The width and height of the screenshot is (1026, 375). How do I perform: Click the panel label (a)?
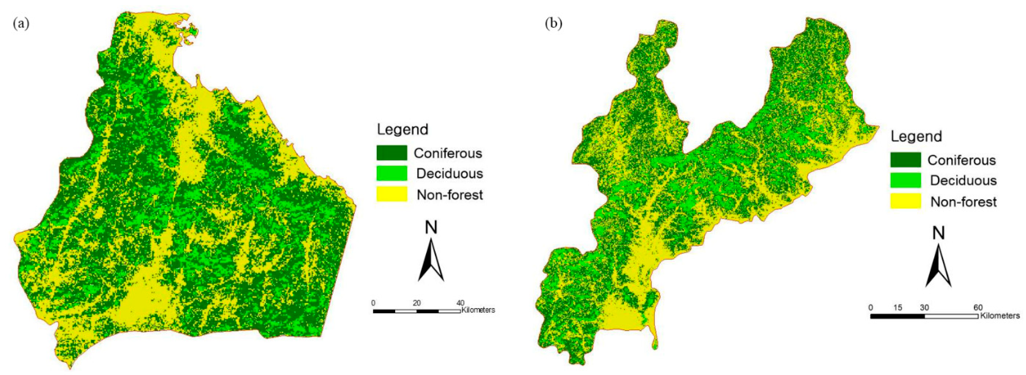pyautogui.click(x=21, y=24)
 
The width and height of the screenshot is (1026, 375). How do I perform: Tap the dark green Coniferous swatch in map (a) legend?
pyautogui.click(x=392, y=153)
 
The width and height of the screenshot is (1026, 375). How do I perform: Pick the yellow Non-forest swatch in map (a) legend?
pyautogui.click(x=392, y=194)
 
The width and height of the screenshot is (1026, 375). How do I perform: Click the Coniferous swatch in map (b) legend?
pyautogui.click(x=905, y=160)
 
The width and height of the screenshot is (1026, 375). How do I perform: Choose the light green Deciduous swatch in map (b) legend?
pyautogui.click(x=905, y=180)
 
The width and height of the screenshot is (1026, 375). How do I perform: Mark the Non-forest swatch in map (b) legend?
pyautogui.click(x=905, y=201)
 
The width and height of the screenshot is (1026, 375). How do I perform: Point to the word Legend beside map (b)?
pyautogui.click(x=916, y=136)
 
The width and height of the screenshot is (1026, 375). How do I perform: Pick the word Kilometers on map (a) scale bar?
pyautogui.click(x=478, y=310)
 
